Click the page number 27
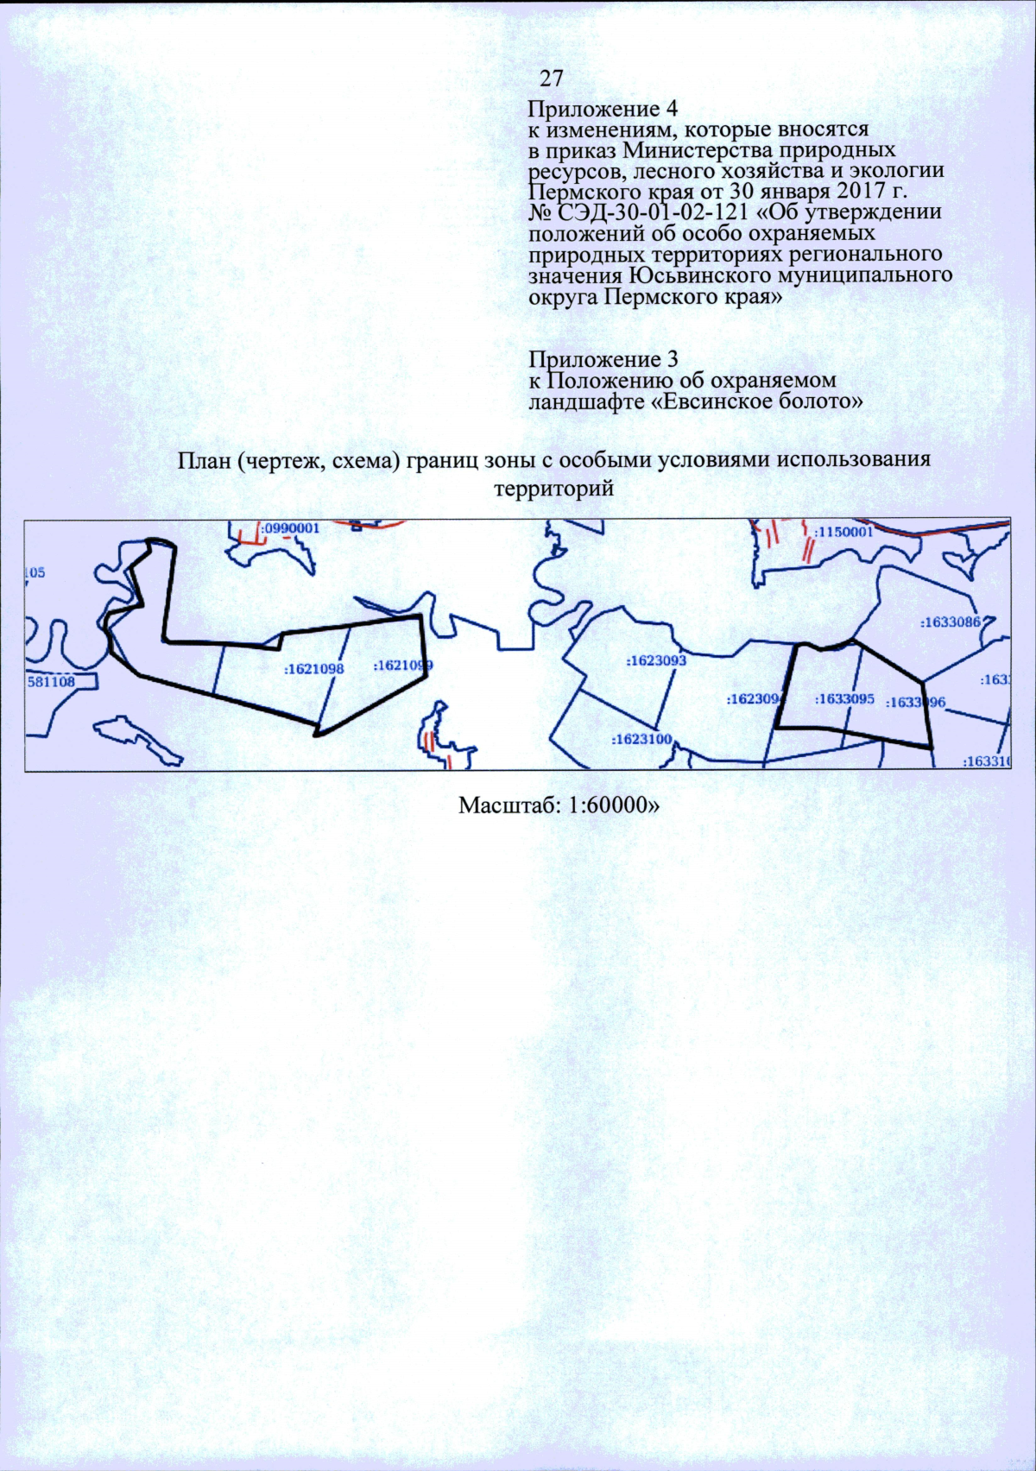coord(552,79)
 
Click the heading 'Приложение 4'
coord(603,110)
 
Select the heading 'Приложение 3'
coord(603,358)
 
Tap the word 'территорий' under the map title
coord(553,489)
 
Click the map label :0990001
coord(290,528)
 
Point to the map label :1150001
coord(843,532)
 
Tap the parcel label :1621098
coord(313,668)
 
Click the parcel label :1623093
coord(656,660)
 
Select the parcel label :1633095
coord(844,698)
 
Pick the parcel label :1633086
coord(951,622)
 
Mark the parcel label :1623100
coord(641,739)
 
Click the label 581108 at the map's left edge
coord(51,681)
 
